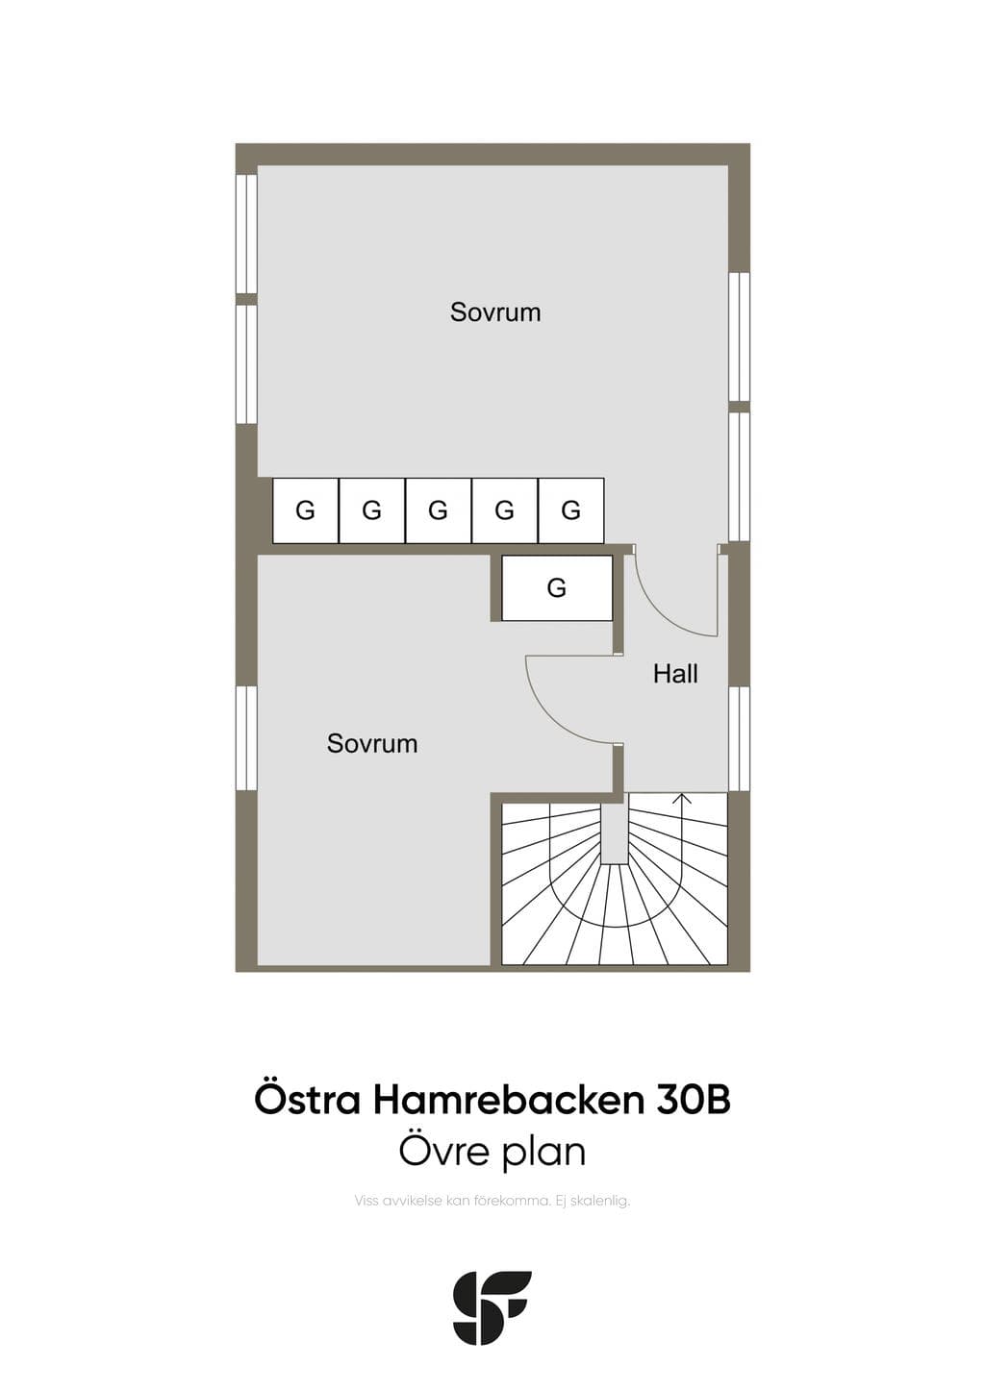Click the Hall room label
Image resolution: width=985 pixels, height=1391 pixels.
click(675, 674)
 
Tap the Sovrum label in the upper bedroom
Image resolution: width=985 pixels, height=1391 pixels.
click(495, 311)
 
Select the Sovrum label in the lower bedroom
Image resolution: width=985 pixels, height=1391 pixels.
click(372, 743)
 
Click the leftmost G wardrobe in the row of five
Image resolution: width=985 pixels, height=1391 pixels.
click(305, 510)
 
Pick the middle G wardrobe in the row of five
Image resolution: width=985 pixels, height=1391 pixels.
click(438, 510)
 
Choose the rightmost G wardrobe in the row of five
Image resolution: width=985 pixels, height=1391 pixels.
click(571, 510)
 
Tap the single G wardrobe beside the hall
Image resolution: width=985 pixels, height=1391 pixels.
click(557, 587)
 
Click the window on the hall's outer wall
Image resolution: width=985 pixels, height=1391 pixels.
click(739, 738)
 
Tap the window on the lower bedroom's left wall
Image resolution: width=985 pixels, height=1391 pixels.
click(246, 737)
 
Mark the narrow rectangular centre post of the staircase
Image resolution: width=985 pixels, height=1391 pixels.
click(616, 832)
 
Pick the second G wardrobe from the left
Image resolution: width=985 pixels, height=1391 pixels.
click(371, 510)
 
